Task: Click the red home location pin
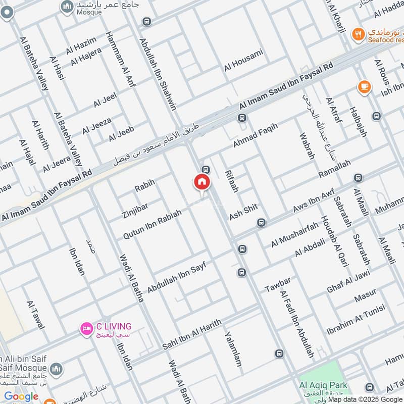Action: pyautogui.click(x=201, y=183)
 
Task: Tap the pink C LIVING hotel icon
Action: pyautogui.click(x=86, y=329)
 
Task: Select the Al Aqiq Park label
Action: pyautogui.click(x=323, y=385)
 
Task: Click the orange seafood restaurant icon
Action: pyautogui.click(x=359, y=34)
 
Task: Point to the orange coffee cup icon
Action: pyautogui.click(x=363, y=86)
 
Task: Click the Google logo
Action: pyautogui.click(x=21, y=396)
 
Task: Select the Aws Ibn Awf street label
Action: pyautogui.click(x=314, y=200)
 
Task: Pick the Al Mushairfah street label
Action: pyautogui.click(x=294, y=234)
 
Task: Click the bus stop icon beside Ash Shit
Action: pyautogui.click(x=261, y=222)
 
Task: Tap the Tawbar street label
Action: pyautogui.click(x=278, y=284)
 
